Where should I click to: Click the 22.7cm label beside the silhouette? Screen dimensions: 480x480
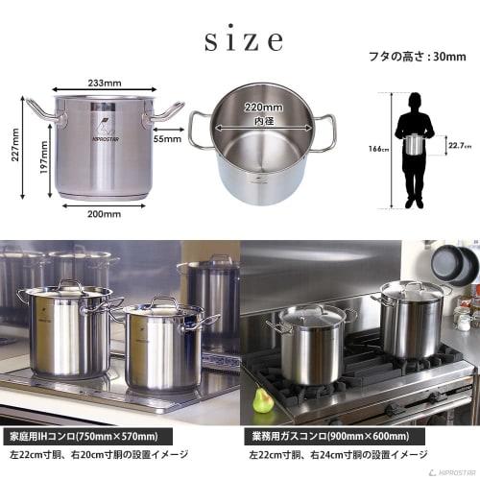(x=459, y=147)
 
